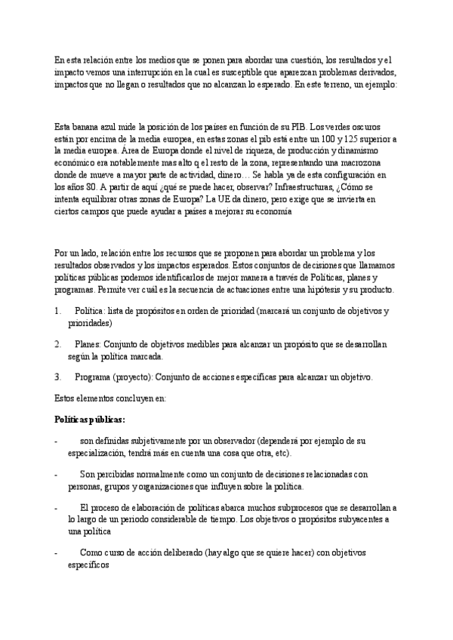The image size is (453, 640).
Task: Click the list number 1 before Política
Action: [x=59, y=311]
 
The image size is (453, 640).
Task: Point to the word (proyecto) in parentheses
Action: [x=134, y=376]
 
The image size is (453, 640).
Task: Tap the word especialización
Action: [x=97, y=453]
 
